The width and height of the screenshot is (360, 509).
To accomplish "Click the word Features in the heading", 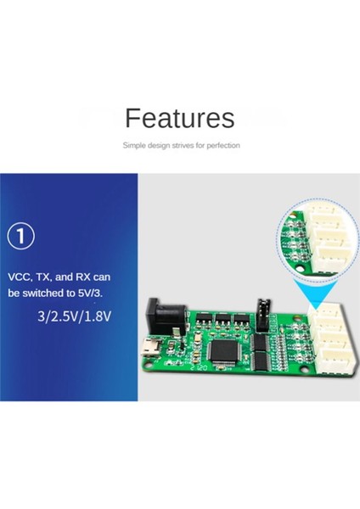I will click(179, 118).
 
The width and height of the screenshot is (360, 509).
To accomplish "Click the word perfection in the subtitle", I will click(222, 146).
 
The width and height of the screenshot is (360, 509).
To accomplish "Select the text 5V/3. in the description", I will click(112, 294).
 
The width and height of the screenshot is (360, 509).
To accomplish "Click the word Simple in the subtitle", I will click(134, 146).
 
